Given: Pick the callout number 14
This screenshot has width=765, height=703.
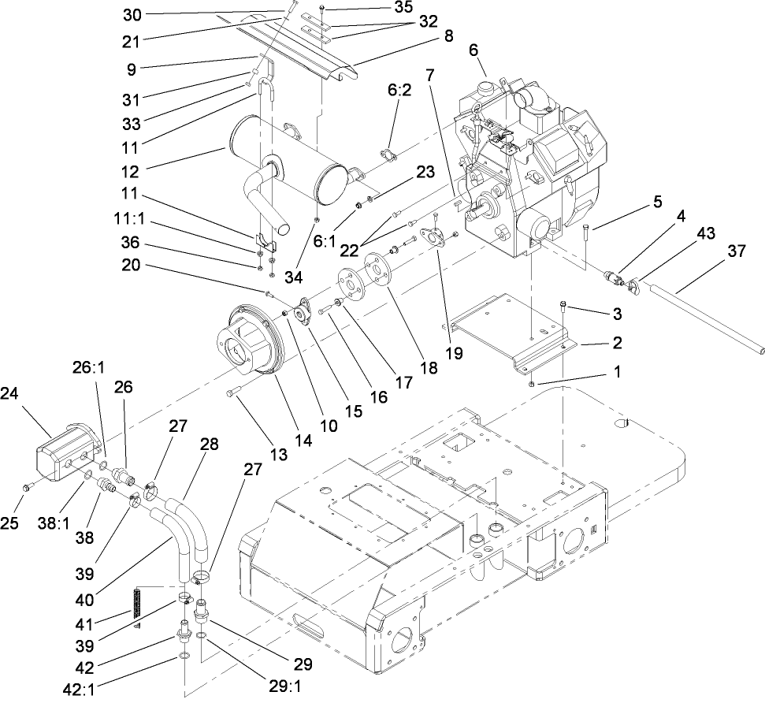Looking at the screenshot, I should pos(303,442).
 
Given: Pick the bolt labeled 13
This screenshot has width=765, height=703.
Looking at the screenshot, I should pos(232,392).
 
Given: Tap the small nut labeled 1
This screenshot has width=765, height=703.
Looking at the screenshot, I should pos(533,383).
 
